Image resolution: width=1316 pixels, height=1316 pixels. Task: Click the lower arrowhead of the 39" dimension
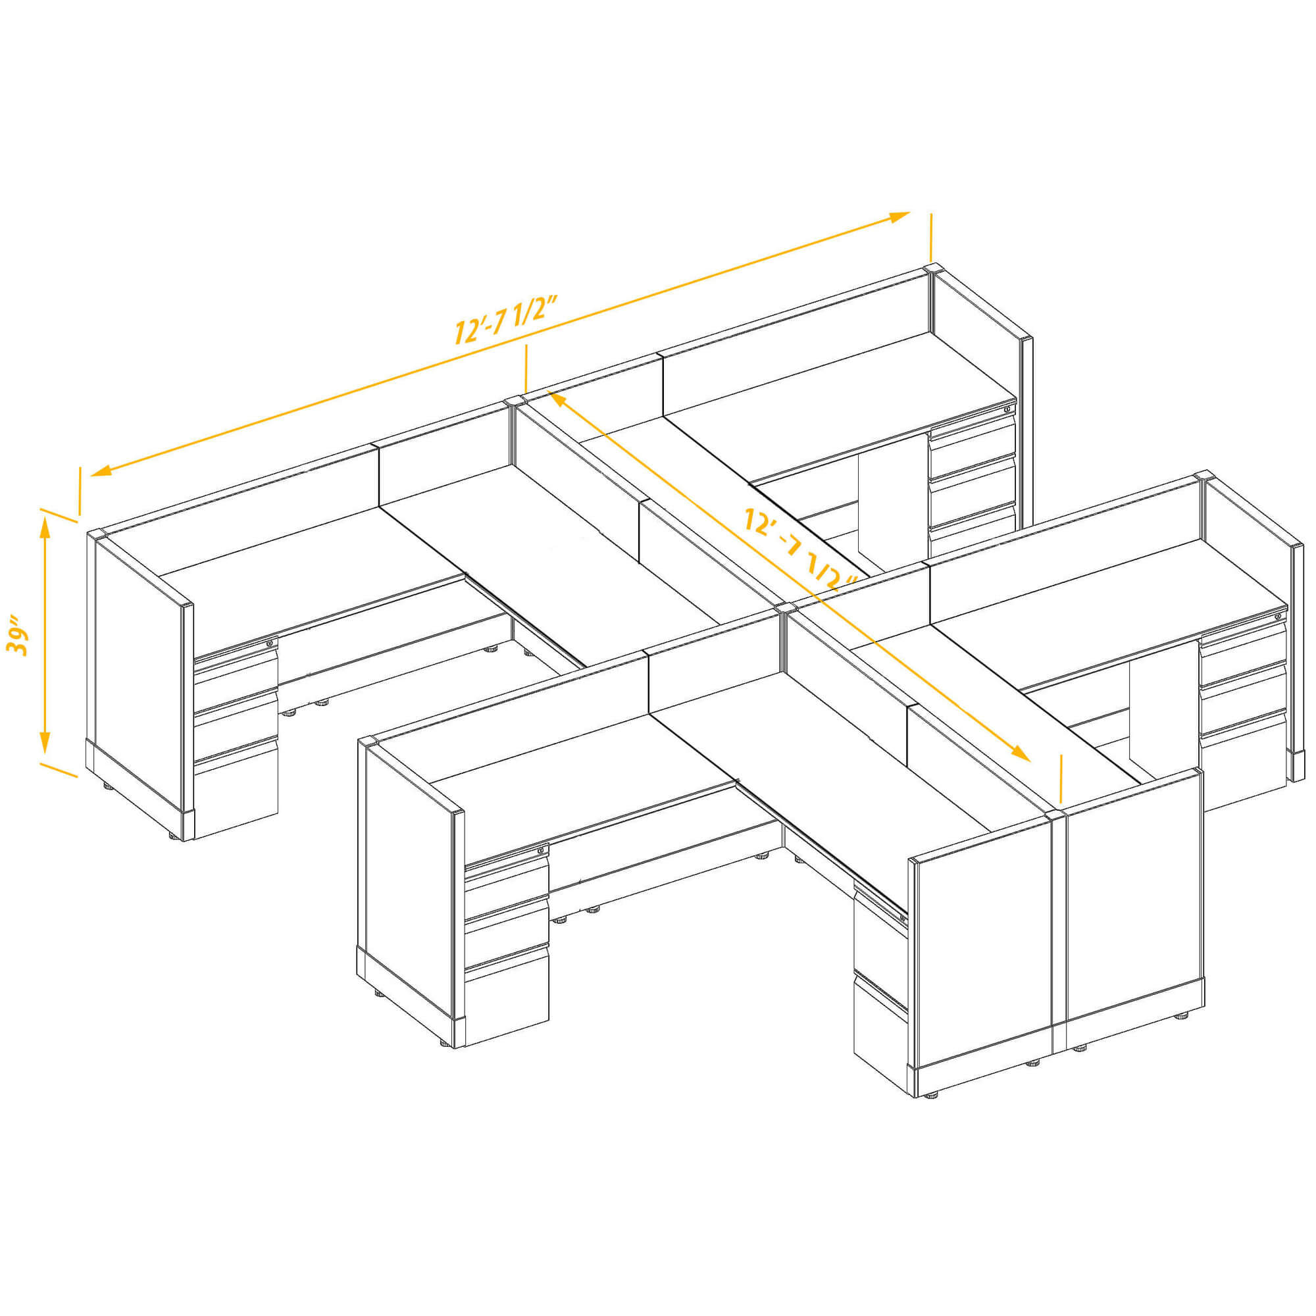point(45,742)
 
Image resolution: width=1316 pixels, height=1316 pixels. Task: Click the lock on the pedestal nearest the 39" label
point(270,642)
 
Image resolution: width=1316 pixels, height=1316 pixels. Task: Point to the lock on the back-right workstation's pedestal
point(1007,409)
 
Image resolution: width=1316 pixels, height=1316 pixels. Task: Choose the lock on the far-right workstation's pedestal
point(1277,616)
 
